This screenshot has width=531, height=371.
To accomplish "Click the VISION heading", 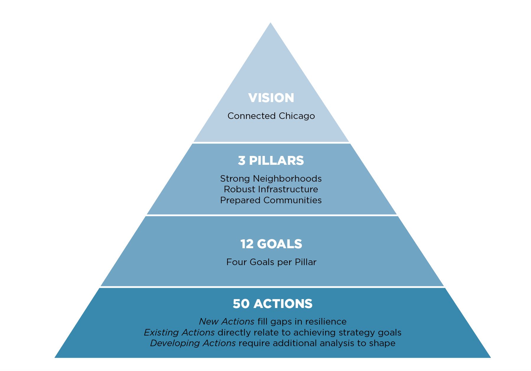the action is pyautogui.click(x=271, y=98).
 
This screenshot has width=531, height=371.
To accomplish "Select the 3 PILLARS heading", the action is pyautogui.click(x=271, y=161).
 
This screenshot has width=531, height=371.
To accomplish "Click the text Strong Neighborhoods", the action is pyautogui.click(x=271, y=178).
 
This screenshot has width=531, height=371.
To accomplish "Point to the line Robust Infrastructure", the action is pyautogui.click(x=271, y=189).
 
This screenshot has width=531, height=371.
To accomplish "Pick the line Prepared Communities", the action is pyautogui.click(x=271, y=200).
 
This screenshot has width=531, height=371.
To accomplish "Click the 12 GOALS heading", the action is pyautogui.click(x=271, y=244).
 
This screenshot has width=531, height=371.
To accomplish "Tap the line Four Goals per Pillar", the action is pyautogui.click(x=271, y=262).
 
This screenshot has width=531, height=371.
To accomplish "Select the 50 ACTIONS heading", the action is pyautogui.click(x=273, y=304).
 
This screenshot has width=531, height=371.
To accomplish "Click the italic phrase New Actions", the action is pyautogui.click(x=227, y=321).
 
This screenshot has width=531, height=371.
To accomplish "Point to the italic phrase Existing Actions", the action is pyautogui.click(x=179, y=332).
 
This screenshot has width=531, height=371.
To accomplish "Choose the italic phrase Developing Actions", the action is pyautogui.click(x=193, y=343).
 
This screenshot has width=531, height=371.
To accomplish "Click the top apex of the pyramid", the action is pyautogui.click(x=271, y=22).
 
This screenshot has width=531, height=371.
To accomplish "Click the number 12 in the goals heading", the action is pyautogui.click(x=247, y=244).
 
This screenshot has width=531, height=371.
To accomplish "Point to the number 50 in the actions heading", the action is pyautogui.click(x=241, y=304).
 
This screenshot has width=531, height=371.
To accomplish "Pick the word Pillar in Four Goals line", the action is pyautogui.click(x=305, y=262).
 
